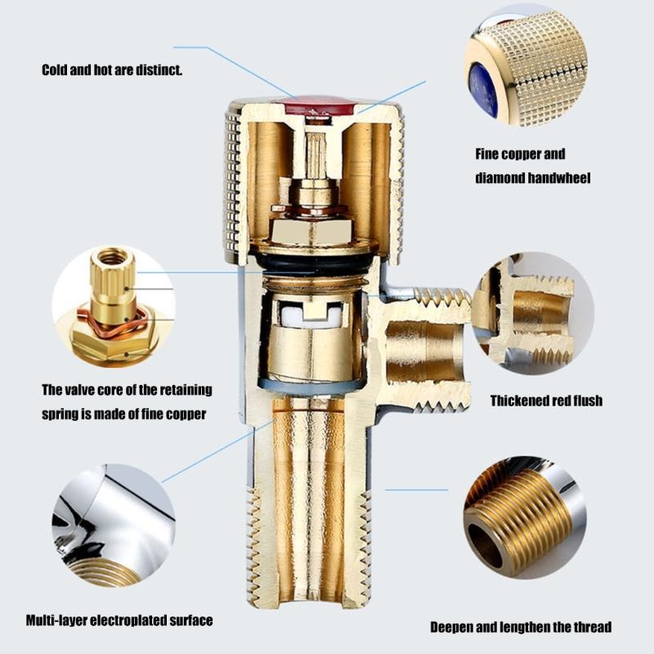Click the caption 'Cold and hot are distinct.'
(112, 70)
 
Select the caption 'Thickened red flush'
(546, 401)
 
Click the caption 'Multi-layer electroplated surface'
(119, 620)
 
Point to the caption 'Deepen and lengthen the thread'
(521, 627)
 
